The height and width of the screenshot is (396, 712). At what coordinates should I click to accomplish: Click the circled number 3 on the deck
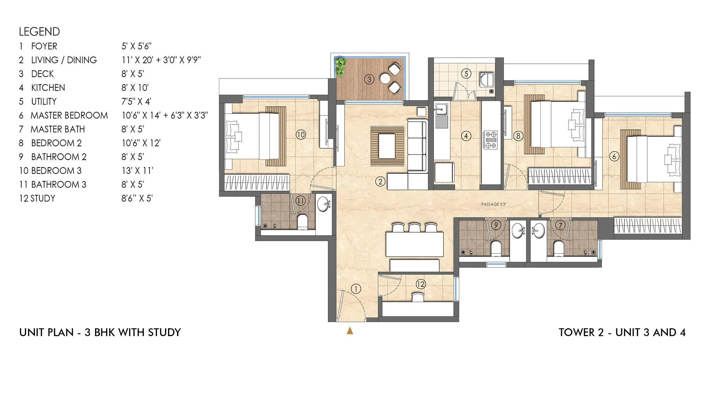tap(369, 79)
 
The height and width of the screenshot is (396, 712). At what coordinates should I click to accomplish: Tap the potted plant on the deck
tap(341, 67)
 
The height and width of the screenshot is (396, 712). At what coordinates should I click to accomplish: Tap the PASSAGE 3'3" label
tap(493, 204)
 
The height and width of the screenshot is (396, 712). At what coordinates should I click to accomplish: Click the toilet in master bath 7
tap(558, 248)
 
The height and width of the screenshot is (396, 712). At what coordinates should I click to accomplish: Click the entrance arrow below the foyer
tap(350, 331)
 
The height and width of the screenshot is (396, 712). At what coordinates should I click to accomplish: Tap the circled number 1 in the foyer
tap(356, 289)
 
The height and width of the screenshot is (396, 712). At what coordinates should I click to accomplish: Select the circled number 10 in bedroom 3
tap(301, 135)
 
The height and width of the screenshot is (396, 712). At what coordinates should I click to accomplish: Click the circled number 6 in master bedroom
tap(614, 156)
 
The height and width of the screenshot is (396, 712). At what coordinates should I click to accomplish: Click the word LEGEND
tap(40, 32)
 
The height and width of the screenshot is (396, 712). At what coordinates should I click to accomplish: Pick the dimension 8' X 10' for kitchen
tap(135, 88)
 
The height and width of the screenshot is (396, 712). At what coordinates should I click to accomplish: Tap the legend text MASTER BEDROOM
tap(69, 115)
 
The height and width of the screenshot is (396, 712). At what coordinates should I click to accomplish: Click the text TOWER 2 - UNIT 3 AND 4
tap(622, 332)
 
